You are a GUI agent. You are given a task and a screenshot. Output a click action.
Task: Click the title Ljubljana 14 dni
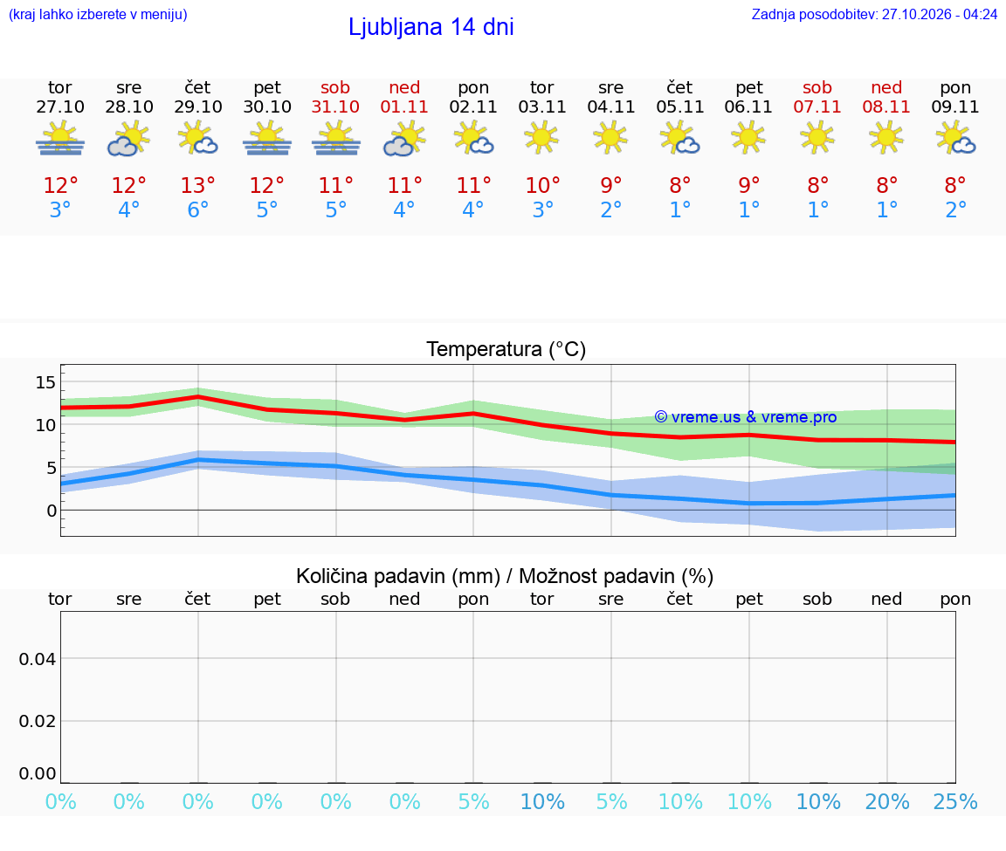[x=431, y=27]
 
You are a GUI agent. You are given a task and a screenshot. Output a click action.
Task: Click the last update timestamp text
[x=874, y=14]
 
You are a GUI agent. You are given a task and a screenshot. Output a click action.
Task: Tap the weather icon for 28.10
[x=129, y=139]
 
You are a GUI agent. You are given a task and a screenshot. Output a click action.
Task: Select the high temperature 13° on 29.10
[x=197, y=185]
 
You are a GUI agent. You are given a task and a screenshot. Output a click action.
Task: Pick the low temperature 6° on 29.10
[x=197, y=209]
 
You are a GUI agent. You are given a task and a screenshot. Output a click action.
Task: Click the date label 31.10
[x=335, y=106]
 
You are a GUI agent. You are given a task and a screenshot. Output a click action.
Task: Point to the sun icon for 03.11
[x=541, y=138]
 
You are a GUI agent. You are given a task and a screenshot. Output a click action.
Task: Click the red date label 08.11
[x=886, y=106]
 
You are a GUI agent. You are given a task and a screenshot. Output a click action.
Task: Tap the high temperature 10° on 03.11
[x=542, y=185]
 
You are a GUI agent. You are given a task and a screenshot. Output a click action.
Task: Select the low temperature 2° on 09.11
[x=955, y=209]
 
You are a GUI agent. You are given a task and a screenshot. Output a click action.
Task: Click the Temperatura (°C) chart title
[x=506, y=349]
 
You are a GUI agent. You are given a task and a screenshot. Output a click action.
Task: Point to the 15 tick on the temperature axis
[x=45, y=383]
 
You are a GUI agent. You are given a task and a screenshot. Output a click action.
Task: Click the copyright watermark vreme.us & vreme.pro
[x=746, y=417]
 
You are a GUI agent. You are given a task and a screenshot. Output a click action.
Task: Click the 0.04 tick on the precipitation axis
[x=38, y=659]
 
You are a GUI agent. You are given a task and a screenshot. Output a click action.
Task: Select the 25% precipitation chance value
[x=955, y=801]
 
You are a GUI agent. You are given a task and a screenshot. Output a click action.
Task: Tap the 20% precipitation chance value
[x=886, y=801]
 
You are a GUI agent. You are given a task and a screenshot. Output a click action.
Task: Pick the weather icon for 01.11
[x=404, y=139]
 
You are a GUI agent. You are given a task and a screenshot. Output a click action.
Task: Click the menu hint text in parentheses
[x=98, y=14]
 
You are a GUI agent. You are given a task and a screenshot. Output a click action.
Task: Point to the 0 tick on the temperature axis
[x=52, y=511]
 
